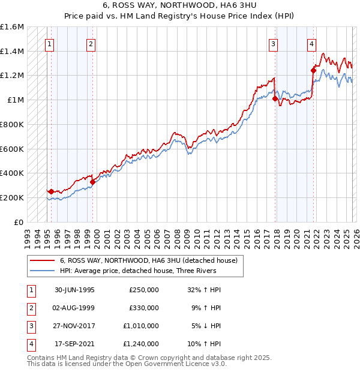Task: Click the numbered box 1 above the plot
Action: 49,43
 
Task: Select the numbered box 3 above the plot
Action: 273,43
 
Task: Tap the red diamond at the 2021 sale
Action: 313,70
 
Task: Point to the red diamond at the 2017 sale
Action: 275,98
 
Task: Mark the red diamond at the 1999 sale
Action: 92,182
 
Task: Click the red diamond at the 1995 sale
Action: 51,191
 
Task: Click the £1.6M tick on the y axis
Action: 12,27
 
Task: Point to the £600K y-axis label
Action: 12,149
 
